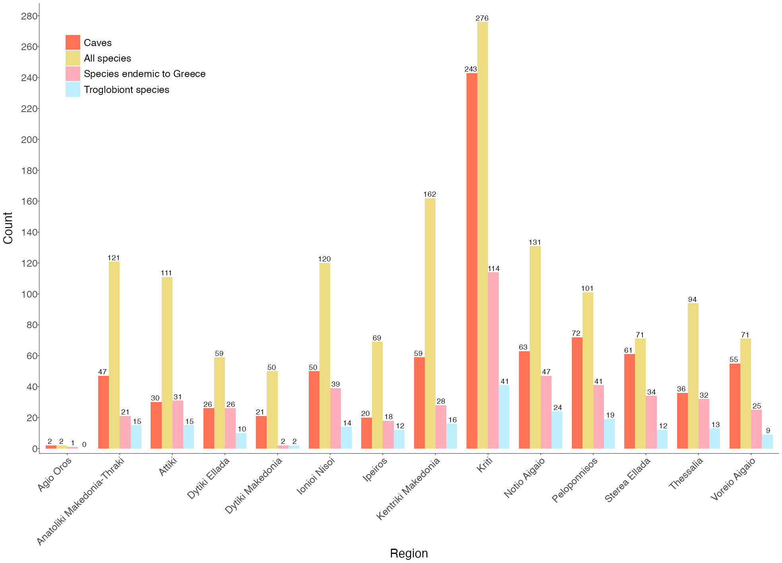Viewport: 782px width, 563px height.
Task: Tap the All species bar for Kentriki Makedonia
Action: pyautogui.click(x=430, y=323)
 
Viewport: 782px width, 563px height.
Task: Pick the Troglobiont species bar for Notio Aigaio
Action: pyautogui.click(x=557, y=430)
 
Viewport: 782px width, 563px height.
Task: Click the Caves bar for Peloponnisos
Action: pyautogui.click(x=577, y=393)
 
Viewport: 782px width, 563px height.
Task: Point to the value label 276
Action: pyautogui.click(x=482, y=18)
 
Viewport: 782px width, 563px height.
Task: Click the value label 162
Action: pyautogui.click(x=430, y=194)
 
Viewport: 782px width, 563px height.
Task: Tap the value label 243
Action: pyautogui.click(x=471, y=69)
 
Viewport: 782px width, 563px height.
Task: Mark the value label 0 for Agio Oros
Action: pyautogui.click(x=84, y=445)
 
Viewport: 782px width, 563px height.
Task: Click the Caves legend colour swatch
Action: pyautogui.click(x=73, y=43)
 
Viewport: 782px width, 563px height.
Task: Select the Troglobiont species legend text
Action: pyautogui.click(x=126, y=90)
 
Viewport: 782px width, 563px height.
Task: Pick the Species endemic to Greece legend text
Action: pyautogui.click(x=145, y=74)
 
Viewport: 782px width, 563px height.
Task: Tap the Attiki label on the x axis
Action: pyautogui.click(x=168, y=467)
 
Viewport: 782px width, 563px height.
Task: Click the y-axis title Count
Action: pyautogui.click(x=8, y=228)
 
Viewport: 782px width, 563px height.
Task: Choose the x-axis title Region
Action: pyautogui.click(x=408, y=553)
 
